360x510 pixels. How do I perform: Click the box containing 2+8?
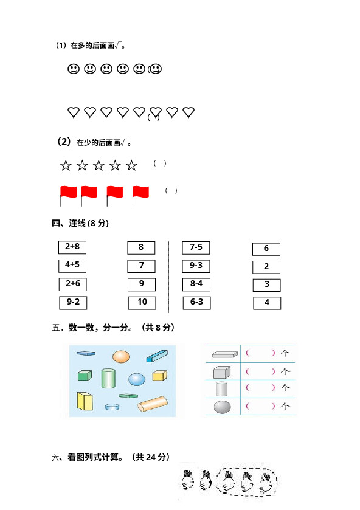pos(72,247)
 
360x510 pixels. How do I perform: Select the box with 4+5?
pos(72,266)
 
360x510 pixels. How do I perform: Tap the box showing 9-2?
pos(73,303)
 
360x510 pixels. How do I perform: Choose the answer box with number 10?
pos(142,303)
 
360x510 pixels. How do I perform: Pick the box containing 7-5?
pos(196,248)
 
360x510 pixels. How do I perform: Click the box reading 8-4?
pos(196,284)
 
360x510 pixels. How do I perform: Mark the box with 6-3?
pos(196,303)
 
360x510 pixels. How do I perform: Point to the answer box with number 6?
pos(266,249)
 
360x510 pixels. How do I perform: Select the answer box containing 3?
pos(266,285)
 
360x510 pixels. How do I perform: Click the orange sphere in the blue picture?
pos(121,356)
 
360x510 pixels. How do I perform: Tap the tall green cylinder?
pos(108,378)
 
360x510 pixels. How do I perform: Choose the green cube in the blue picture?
pos(85,375)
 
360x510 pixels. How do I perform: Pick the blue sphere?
pos(137,379)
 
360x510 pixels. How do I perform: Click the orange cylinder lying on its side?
pos(153,404)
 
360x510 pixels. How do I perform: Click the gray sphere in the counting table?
pos(223,407)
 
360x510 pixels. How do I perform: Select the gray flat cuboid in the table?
pos(225,354)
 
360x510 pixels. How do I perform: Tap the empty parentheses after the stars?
pos(160,164)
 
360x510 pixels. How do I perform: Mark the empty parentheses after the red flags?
pos(171,191)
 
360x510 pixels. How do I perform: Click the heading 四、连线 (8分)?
pos(80,223)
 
